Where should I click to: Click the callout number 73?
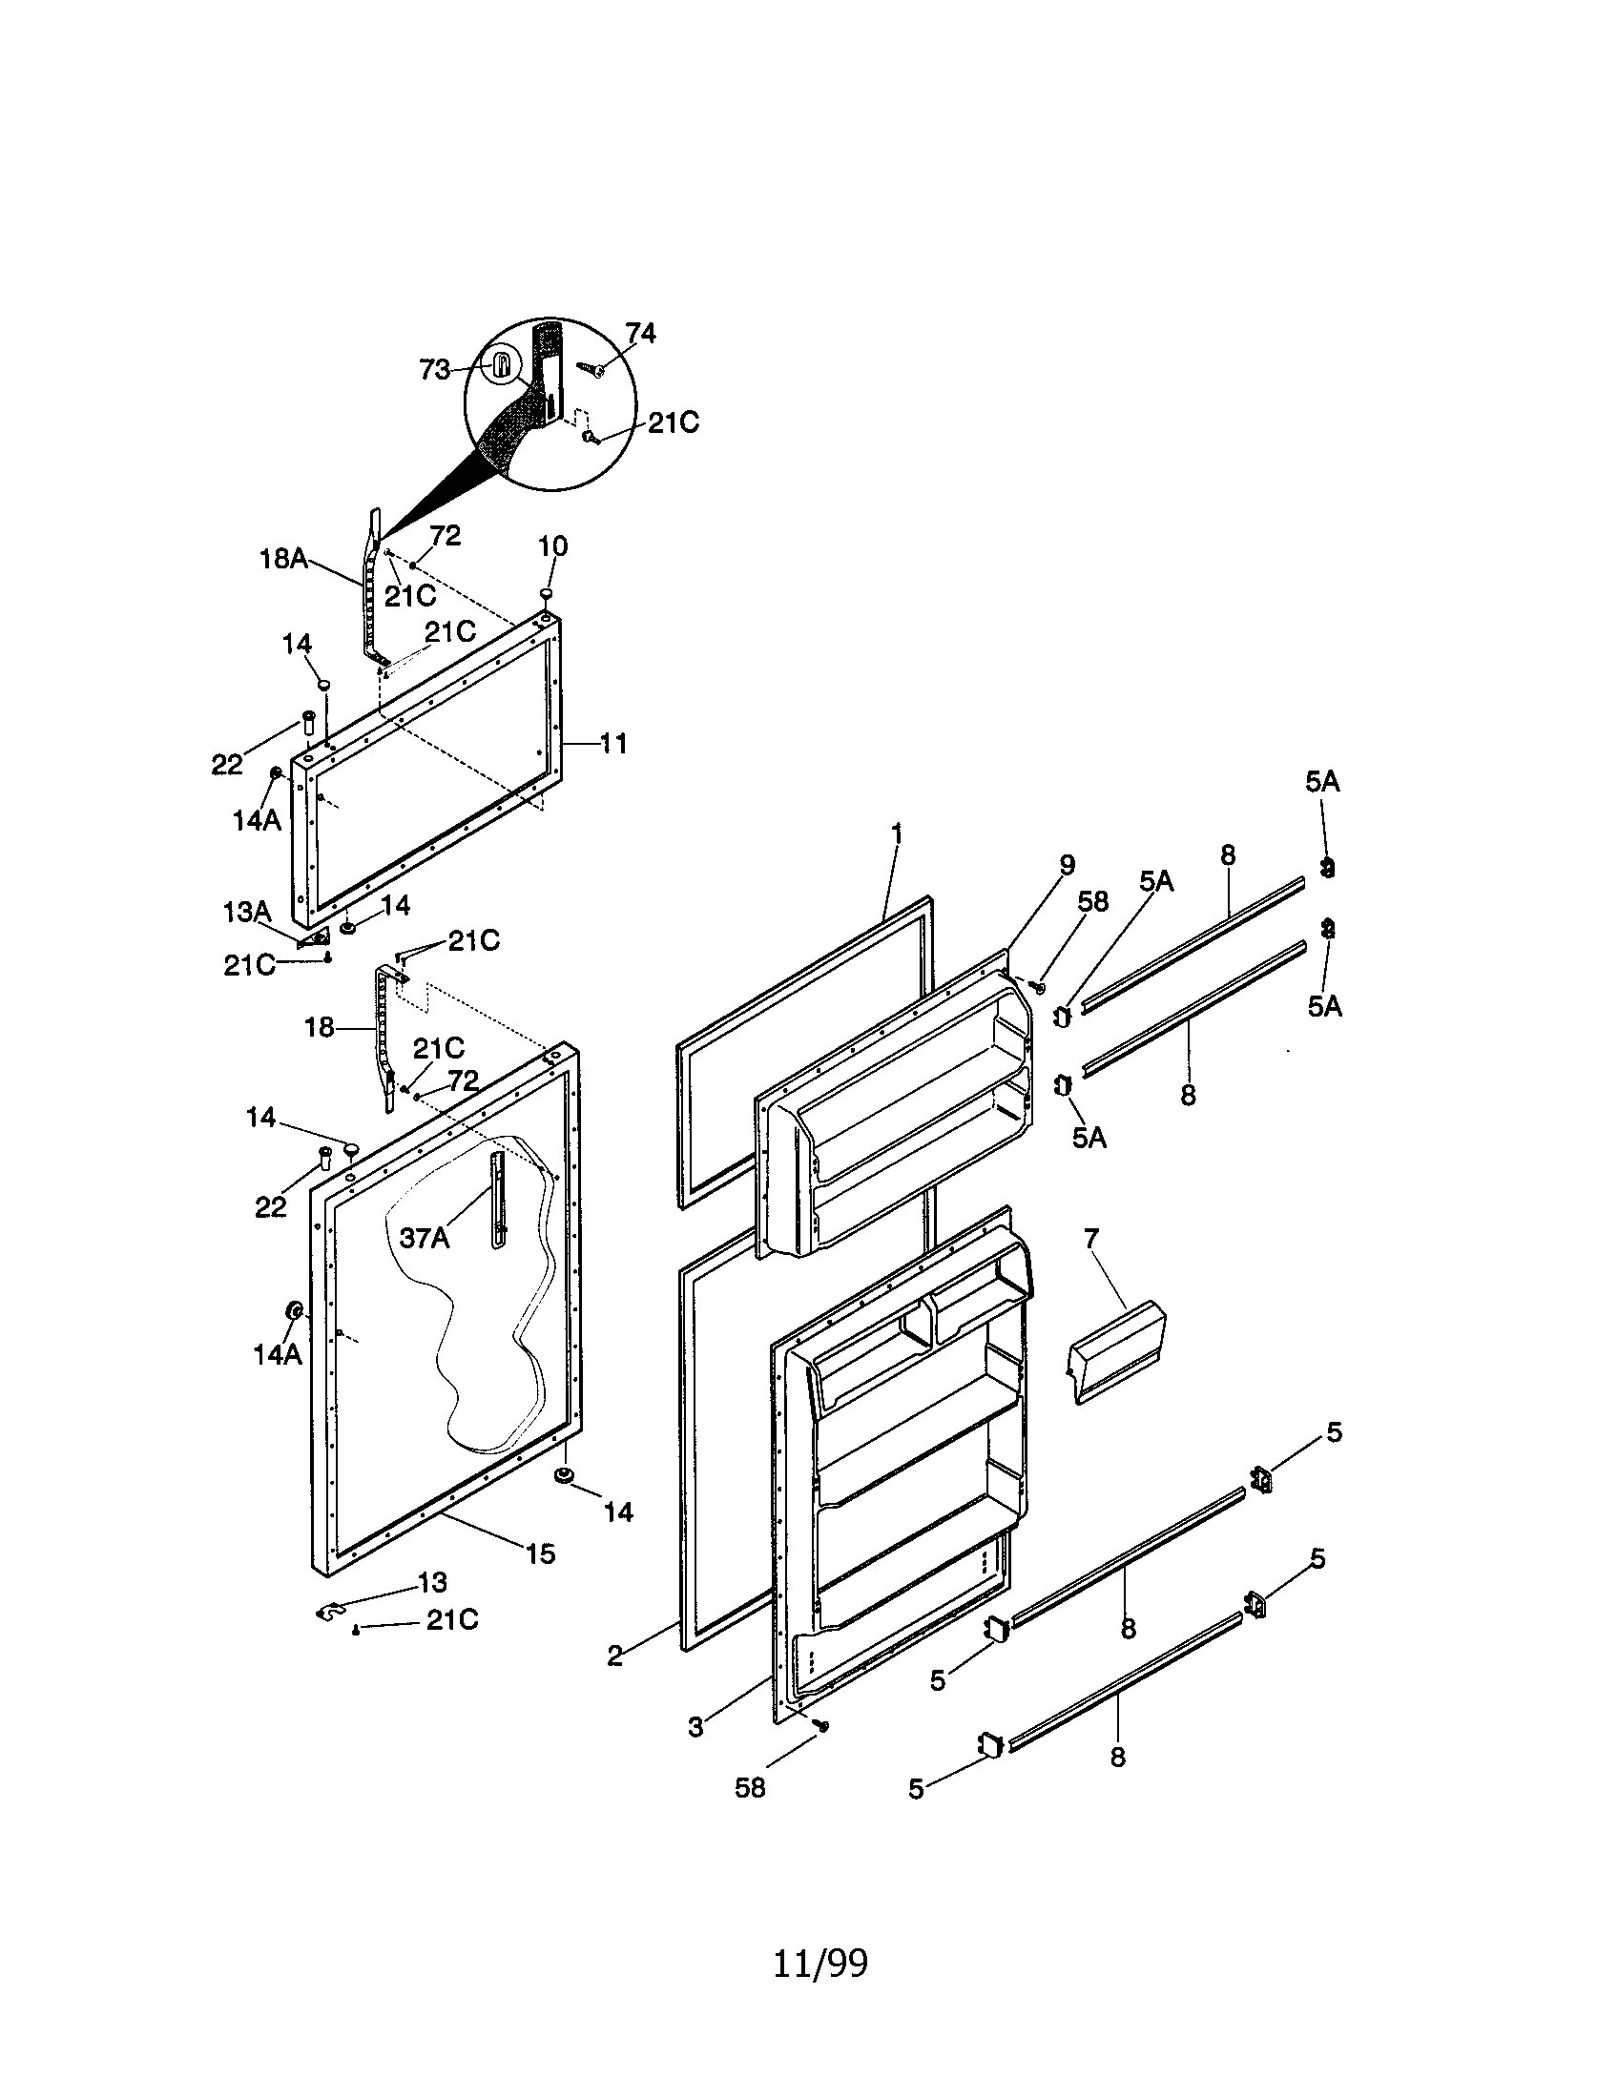tap(434, 370)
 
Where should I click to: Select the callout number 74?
tap(640, 333)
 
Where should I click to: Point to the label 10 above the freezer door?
tap(552, 545)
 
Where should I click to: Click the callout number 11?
tap(613, 743)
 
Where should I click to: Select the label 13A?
tap(247, 912)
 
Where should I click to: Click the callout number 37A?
tap(424, 1238)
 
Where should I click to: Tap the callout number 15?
tap(541, 1553)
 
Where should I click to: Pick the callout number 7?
tap(1090, 1238)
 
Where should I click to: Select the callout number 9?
tap(1067, 865)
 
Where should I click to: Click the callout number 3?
tap(695, 1727)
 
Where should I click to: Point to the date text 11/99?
tap(819, 1964)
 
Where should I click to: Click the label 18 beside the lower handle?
tap(319, 1027)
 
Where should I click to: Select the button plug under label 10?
tap(546, 596)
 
